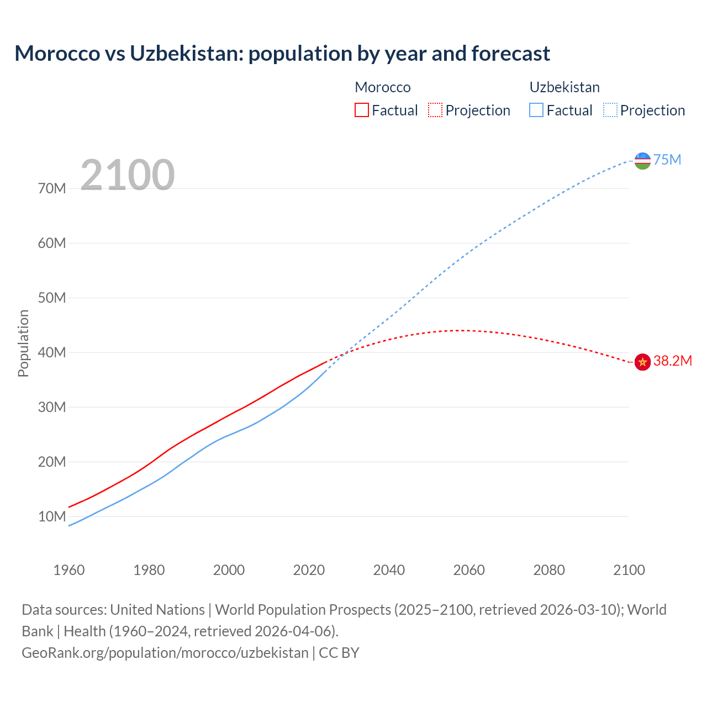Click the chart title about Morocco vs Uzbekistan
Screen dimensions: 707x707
coord(282,54)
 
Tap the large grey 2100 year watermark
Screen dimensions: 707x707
coord(128,175)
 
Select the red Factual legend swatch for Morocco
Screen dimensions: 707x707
coord(361,110)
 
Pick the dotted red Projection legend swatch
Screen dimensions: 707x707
coord(435,110)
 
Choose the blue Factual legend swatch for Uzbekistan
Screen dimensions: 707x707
coord(536,110)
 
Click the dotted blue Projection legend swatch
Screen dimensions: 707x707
coord(610,110)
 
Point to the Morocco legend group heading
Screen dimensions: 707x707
coord(382,87)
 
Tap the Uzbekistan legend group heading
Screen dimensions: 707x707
coord(564,87)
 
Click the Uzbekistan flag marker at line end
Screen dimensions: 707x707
coord(642,161)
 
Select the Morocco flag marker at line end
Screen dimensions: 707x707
coord(642,362)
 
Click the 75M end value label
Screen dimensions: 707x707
coord(667,160)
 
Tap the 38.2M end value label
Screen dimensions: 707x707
coord(672,361)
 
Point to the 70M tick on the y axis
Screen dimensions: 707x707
coord(52,189)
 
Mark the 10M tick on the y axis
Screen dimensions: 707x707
coord(52,517)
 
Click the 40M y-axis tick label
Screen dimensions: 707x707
coord(52,353)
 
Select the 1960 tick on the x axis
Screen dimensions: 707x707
coord(69,570)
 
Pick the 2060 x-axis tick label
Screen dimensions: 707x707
coord(469,570)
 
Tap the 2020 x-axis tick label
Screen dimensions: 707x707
coord(309,570)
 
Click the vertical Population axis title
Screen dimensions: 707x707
coord(23,343)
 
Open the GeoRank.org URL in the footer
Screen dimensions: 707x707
coord(165,653)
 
